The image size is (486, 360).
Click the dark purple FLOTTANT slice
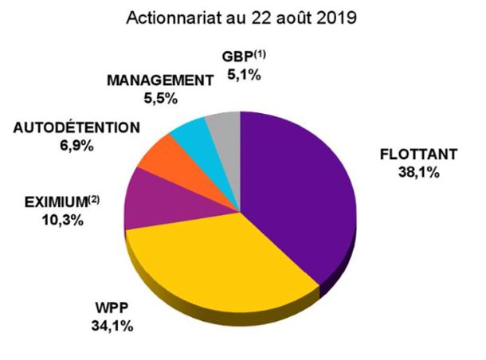point(297,192)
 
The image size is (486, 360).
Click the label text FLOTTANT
point(419,155)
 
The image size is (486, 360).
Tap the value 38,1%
point(419,173)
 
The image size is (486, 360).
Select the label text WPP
point(112,308)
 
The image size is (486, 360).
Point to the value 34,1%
point(112,326)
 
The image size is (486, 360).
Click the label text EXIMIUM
point(56,202)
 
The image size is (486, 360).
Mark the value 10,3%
point(63,221)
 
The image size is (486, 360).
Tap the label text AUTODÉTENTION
point(76,128)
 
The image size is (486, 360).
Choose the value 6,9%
point(76,146)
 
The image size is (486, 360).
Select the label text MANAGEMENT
point(160,81)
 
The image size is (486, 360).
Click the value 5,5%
point(161,99)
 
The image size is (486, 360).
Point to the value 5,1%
point(244,76)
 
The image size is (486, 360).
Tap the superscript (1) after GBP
point(260,55)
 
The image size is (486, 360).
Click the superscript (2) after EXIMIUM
point(93,200)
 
